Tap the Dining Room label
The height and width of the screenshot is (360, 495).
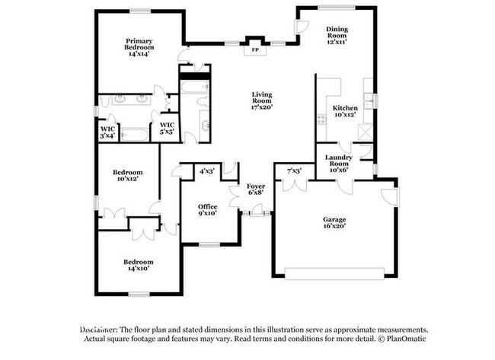click(337, 31)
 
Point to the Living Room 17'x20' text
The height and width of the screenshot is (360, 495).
click(262, 100)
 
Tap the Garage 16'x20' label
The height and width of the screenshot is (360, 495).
click(334, 222)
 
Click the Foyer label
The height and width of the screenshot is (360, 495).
click(255, 189)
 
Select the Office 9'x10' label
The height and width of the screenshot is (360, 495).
click(208, 209)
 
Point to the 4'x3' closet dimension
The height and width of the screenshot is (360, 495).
click(206, 171)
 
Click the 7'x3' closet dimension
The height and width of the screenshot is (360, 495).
click(294, 170)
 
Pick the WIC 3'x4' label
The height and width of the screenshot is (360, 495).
click(107, 132)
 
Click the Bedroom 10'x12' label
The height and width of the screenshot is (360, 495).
click(127, 176)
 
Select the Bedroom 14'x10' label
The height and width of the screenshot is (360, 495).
click(138, 265)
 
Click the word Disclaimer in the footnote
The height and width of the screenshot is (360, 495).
click(102, 329)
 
